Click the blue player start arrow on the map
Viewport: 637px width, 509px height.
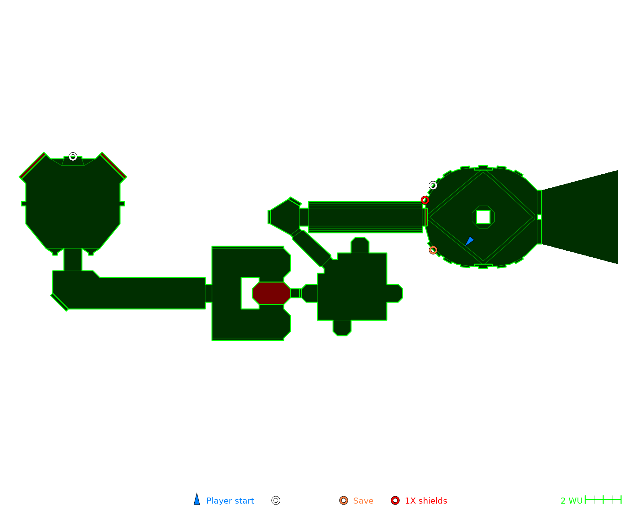click(469, 241)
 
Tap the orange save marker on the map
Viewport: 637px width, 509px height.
click(433, 250)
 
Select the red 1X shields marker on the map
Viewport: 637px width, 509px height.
click(425, 200)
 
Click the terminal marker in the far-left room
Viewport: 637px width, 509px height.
click(73, 157)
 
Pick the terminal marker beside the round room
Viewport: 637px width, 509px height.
click(433, 185)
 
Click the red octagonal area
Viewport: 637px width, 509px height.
click(271, 293)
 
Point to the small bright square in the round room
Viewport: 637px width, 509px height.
click(483, 217)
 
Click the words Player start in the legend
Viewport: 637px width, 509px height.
click(230, 501)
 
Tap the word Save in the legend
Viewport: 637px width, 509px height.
click(363, 501)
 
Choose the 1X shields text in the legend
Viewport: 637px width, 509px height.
click(426, 501)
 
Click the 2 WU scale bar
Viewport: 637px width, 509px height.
click(603, 500)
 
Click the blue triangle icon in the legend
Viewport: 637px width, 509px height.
click(197, 500)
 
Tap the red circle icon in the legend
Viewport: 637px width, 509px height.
click(395, 500)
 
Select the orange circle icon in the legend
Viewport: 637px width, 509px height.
click(344, 500)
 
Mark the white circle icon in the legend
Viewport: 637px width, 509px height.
click(276, 500)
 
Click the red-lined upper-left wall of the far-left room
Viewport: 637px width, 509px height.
click(32, 165)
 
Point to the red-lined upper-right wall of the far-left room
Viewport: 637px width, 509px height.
click(113, 165)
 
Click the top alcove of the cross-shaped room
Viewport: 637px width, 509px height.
click(360, 245)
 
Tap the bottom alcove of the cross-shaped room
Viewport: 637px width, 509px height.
click(342, 328)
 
